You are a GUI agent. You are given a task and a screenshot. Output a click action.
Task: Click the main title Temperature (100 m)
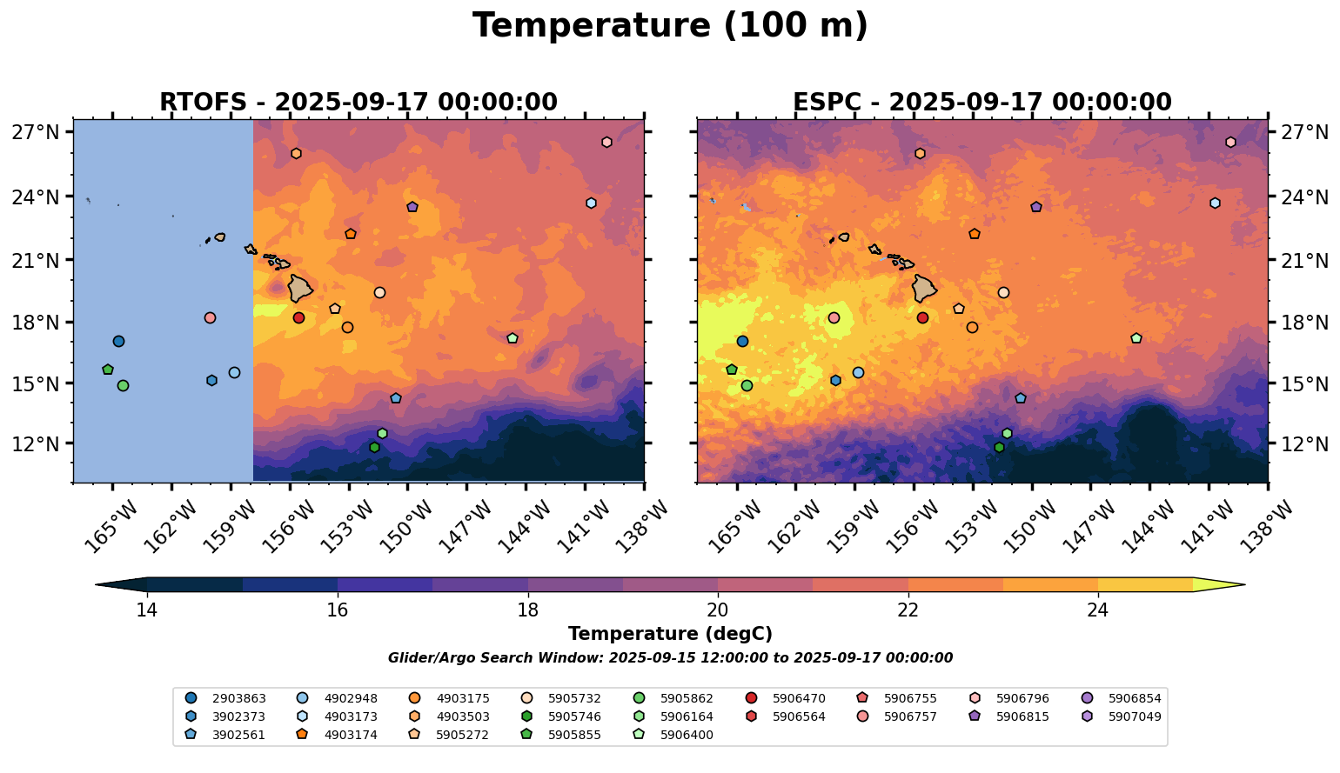point(670,26)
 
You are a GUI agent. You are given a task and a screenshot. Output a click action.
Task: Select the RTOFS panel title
point(358,103)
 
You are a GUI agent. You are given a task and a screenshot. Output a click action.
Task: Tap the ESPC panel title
point(982,103)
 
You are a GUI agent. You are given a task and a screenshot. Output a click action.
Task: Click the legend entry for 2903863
point(226,698)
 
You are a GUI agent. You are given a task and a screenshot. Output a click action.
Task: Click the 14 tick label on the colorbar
point(147,610)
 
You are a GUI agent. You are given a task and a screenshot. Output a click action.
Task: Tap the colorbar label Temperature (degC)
point(670,634)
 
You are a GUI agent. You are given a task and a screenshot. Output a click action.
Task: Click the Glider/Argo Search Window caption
point(670,658)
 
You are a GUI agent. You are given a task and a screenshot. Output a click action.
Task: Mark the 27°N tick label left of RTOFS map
point(36,133)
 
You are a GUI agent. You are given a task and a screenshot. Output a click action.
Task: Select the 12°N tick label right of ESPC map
point(1305,444)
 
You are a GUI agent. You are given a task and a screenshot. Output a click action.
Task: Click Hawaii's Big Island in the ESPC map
point(923,288)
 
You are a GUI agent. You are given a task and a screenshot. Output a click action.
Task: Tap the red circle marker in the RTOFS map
point(298,318)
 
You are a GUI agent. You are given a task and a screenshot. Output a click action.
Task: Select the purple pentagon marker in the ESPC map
point(1036,207)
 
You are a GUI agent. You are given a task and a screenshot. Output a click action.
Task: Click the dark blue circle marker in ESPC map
point(742,342)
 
